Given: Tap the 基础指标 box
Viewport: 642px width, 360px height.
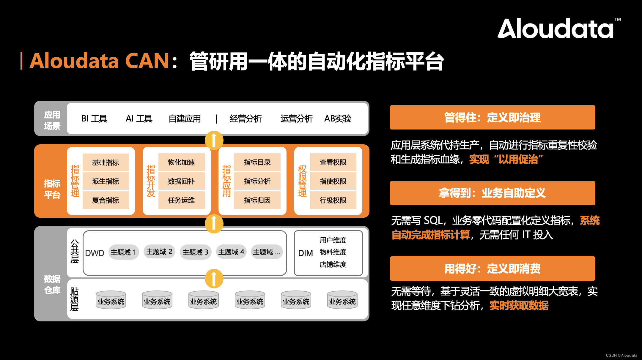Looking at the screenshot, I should pos(106,162).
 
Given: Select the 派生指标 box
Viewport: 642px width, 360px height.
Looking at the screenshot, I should pos(106,181).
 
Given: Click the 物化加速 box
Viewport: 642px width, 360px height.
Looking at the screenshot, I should pos(181,162).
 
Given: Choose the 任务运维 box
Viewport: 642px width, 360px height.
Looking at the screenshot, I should pos(181,200).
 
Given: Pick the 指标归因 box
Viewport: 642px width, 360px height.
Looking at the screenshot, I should pos(257,200).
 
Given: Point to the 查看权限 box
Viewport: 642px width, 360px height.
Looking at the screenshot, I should pos(333,162).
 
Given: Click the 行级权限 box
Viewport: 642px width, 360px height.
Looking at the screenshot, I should pos(333,200).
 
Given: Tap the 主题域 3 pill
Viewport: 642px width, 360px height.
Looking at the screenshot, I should pos(195,252).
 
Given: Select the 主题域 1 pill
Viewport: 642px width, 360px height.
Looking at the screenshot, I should pos(123,252).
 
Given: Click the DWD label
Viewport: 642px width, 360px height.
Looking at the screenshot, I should pos(95,253).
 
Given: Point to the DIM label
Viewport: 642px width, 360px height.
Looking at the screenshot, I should pos(305,253).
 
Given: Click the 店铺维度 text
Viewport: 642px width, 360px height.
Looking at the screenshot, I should pos(333,264).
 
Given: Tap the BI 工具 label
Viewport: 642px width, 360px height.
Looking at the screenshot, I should pos(94,119).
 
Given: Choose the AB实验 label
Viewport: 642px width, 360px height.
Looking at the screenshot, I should pos(338,119).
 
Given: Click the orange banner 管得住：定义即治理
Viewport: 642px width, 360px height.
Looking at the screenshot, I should pos(492,117).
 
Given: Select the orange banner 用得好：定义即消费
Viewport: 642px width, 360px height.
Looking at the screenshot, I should pos(492,269).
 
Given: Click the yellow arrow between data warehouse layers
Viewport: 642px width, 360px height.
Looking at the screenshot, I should pos(214,278).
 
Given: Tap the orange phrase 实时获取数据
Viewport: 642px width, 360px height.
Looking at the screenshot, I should pos(519,305).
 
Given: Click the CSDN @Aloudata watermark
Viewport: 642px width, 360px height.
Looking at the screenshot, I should pos(621,355).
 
